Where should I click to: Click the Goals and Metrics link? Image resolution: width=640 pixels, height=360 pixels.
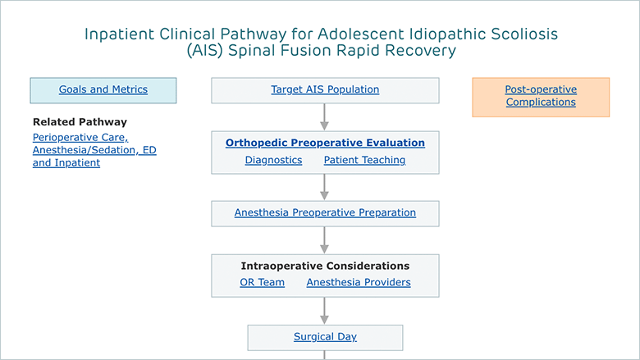103,89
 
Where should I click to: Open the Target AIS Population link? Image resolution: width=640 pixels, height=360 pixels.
325,89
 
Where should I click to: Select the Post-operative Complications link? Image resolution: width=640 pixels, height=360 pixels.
541,96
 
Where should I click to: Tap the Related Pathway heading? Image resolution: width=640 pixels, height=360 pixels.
80,122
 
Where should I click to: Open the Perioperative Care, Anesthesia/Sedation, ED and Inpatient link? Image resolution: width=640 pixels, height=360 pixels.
94,150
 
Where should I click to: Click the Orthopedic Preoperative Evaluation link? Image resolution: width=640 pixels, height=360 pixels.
325,143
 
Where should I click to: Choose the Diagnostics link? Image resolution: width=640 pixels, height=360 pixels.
273,160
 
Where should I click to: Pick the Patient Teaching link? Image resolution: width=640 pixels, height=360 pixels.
364,160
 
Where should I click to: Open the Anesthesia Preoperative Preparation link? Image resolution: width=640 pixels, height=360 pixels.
325,212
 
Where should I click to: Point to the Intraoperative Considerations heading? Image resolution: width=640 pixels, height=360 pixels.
325,266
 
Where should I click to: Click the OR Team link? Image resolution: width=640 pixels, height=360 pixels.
262,282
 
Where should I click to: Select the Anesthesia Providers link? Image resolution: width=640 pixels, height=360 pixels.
359,282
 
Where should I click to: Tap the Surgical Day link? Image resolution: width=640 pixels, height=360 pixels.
325,337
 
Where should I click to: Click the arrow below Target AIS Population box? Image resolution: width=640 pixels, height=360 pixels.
324,117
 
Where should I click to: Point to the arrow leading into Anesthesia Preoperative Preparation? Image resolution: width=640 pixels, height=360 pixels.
324,187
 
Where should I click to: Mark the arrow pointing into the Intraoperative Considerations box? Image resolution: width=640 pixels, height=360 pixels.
324,240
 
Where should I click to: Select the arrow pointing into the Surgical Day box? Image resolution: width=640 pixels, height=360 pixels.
324,311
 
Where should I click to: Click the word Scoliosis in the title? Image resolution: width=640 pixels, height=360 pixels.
524,34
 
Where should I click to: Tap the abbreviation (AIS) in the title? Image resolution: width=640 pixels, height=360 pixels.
205,51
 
